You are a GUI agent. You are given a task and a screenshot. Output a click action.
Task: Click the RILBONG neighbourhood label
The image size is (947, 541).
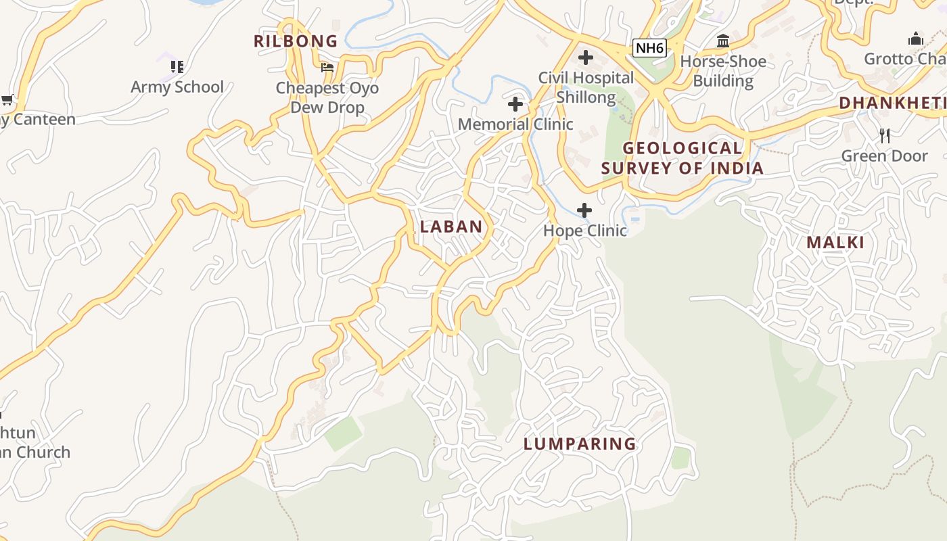pos(296,41)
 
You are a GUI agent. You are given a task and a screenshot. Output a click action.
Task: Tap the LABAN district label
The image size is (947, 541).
pos(451,227)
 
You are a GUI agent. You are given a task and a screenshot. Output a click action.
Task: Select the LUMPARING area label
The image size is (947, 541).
pos(580,444)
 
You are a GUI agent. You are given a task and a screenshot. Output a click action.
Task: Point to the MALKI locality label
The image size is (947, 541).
pos(835,243)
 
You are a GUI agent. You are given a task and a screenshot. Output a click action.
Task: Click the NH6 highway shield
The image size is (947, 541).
pos(649,48)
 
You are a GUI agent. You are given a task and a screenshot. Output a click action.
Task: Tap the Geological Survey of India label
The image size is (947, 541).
pos(683,158)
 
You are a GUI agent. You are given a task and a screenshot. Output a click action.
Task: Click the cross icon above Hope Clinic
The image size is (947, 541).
pos(584,210)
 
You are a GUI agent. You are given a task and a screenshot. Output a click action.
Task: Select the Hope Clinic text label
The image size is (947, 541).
pos(585,231)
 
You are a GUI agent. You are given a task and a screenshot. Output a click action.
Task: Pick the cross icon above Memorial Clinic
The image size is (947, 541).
pos(515,104)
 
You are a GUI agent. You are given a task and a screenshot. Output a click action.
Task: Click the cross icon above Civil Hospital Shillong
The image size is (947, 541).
pos(586,57)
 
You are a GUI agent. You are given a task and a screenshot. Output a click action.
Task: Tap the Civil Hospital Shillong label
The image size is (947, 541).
pos(586,87)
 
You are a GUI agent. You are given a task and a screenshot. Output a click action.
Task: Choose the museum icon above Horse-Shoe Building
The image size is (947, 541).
pos(723,41)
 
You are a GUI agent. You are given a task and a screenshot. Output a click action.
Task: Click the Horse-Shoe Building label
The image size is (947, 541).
pos(723,71)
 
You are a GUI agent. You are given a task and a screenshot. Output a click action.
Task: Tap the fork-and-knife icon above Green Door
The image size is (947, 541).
pos(885,136)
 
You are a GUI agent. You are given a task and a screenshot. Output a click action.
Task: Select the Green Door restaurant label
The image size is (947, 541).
pos(884,156)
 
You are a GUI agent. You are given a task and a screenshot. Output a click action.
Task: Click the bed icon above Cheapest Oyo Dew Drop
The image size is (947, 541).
pos(327,68)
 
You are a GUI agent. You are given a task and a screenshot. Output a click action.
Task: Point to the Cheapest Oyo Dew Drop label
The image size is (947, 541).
pos(327,97)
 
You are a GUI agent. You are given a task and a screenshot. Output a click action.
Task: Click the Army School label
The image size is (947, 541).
pos(177,87)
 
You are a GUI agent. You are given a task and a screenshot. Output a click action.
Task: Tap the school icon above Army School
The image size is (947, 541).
pos(177,66)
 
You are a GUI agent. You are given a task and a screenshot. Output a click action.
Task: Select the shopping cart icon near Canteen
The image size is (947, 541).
pos(7,100)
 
